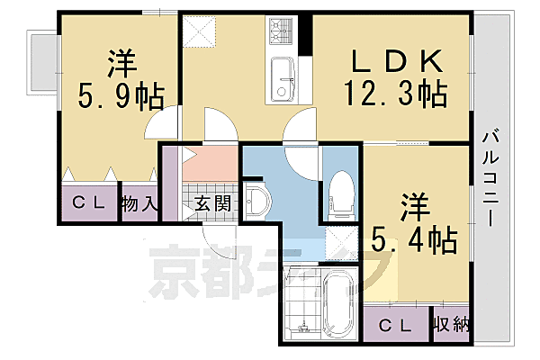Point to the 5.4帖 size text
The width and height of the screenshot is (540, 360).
point(413,238)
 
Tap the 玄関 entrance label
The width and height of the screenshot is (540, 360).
point(211,203)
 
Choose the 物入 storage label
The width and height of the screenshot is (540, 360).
point(141,203)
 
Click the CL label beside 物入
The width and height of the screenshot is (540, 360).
point(90,203)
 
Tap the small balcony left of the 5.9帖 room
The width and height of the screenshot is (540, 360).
point(41,63)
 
